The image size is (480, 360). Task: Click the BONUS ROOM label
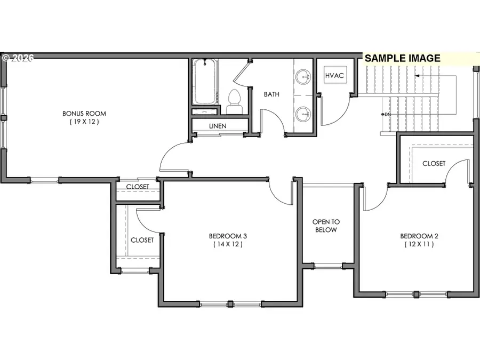pyautogui.click(x=84, y=113)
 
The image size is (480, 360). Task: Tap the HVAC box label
pyautogui.click(x=334, y=76)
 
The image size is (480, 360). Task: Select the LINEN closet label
pyautogui.click(x=218, y=126)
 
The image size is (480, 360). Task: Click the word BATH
pyautogui.click(x=271, y=94)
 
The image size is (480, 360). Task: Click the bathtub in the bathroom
pyautogui.click(x=205, y=83)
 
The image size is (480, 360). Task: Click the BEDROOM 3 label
pyautogui.click(x=228, y=236)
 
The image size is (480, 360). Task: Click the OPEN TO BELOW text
pyautogui.click(x=325, y=226)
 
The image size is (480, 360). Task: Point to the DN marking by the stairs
pyautogui.click(x=387, y=115)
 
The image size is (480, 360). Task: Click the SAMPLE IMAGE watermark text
pyautogui.click(x=403, y=58)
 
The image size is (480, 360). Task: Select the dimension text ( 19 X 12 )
pyautogui.click(x=84, y=122)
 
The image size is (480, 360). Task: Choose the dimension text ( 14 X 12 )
pyautogui.click(x=228, y=244)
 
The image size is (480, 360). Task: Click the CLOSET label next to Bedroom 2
pyautogui.click(x=434, y=164)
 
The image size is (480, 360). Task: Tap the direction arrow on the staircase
pyautogui.click(x=417, y=76)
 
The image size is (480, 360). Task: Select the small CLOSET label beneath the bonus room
pyautogui.click(x=137, y=187)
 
